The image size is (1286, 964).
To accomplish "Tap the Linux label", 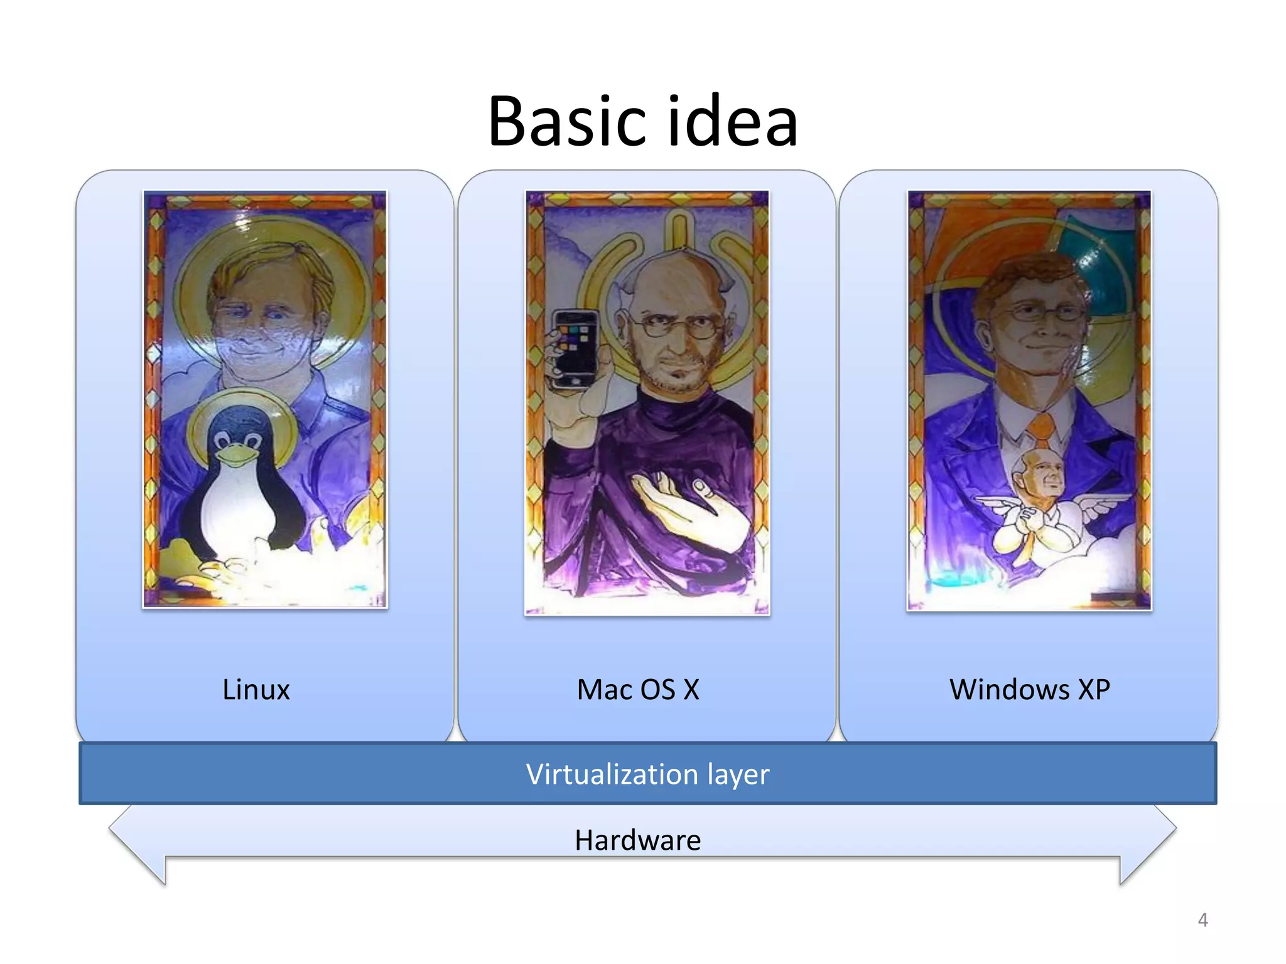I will pyautogui.click(x=256, y=689).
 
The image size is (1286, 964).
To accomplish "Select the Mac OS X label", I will pyautogui.click(x=638, y=689).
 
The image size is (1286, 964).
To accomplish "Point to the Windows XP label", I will pyautogui.click(x=1030, y=689).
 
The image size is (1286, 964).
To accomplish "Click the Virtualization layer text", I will pyautogui.click(x=647, y=774).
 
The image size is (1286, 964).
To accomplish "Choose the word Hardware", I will pyautogui.click(x=637, y=840).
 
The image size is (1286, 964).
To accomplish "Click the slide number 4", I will pyautogui.click(x=1202, y=920).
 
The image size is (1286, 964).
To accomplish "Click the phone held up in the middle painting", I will pyautogui.click(x=574, y=348).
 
